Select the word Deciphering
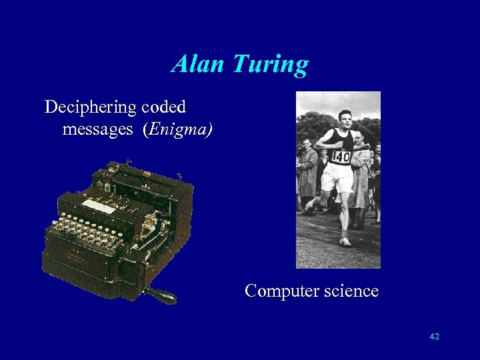pyautogui.click(x=90, y=107)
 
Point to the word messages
pyautogui.click(x=97, y=129)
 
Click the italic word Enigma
pyautogui.click(x=178, y=129)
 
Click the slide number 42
pyautogui.click(x=435, y=337)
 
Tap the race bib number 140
pyautogui.click(x=340, y=157)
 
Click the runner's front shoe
pyautogui.click(x=344, y=240)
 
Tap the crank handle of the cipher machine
pyautogui.click(x=162, y=296)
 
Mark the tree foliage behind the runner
pyautogui.click(x=313, y=123)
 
